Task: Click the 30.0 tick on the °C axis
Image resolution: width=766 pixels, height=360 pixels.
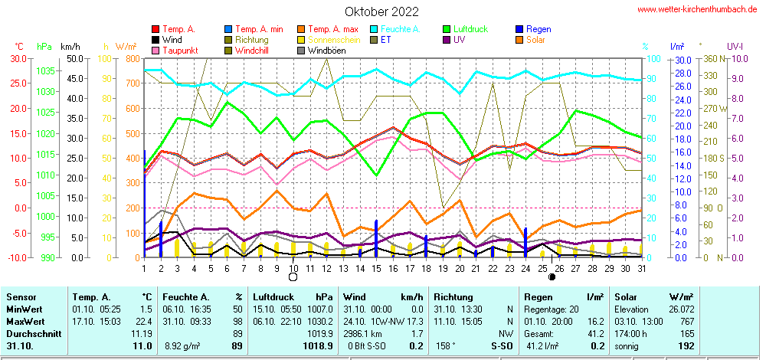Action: pyautogui.click(x=17, y=58)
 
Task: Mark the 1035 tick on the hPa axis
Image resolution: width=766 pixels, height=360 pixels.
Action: pyautogui.click(x=45, y=70)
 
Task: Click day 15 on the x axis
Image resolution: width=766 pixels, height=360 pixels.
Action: pyautogui.click(x=376, y=268)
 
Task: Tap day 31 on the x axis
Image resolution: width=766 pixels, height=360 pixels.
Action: pyautogui.click(x=640, y=268)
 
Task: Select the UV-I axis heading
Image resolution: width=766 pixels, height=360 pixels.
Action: pyautogui.click(x=735, y=46)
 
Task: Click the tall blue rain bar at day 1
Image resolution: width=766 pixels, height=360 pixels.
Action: pyautogui.click(x=145, y=199)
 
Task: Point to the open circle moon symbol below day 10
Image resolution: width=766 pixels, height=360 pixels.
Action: pyautogui.click(x=293, y=277)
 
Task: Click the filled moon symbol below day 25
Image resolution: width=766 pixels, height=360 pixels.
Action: pyautogui.click(x=552, y=277)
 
